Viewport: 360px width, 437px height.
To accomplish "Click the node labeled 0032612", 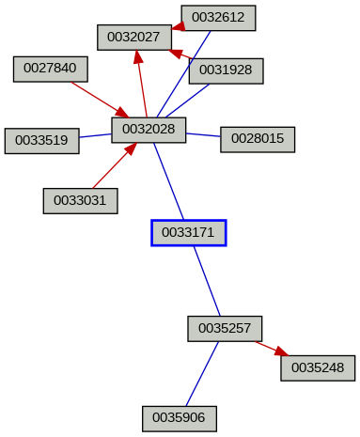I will tap(218, 18).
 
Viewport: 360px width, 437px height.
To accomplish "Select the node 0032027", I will tap(134, 38).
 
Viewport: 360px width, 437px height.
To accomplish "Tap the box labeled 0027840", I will tap(51, 69).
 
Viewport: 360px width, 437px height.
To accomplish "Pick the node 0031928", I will tap(226, 70).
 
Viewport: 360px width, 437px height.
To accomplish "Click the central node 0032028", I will tap(149, 130).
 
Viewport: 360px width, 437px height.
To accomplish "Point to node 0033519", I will tap(41, 141).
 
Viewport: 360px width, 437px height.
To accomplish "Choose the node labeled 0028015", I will tap(258, 139).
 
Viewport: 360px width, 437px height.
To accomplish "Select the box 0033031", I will tap(80, 200).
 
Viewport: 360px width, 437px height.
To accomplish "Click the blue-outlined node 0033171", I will tap(189, 232).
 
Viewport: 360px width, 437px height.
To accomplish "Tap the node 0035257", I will tap(225, 328).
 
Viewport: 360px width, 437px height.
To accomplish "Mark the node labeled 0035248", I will tap(318, 367).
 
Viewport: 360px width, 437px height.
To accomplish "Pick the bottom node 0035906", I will tap(180, 417).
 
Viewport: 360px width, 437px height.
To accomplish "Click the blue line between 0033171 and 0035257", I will tap(207, 281).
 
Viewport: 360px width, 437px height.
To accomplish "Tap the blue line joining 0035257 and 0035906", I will tap(202, 373).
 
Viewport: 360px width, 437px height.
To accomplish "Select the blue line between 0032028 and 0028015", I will tap(203, 135).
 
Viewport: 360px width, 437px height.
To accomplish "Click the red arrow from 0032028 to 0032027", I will tap(142, 85).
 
